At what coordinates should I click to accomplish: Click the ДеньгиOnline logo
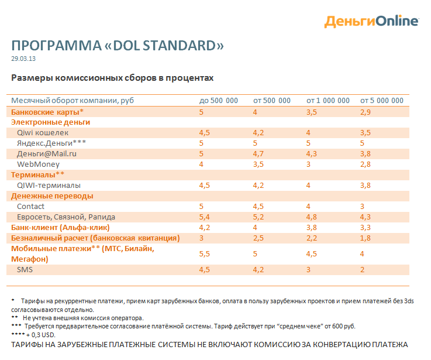point(371,21)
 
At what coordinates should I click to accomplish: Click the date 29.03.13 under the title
point(23,59)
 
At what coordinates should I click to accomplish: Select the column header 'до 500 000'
point(219,101)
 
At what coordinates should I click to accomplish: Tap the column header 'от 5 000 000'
point(382,101)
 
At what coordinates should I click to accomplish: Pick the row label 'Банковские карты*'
point(47,112)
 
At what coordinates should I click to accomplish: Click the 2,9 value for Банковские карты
point(366,112)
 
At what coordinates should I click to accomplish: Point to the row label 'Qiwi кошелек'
point(43,133)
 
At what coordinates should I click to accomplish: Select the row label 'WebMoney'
point(38,164)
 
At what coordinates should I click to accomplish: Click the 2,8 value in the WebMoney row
point(366,164)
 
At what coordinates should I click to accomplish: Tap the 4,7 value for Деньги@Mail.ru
point(258,153)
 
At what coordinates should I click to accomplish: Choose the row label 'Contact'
point(30,207)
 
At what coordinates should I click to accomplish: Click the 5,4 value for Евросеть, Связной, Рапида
point(204,217)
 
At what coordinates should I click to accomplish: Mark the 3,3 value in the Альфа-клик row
point(366,228)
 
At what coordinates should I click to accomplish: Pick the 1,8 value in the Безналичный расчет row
point(366,238)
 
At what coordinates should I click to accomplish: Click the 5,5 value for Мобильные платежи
point(204,254)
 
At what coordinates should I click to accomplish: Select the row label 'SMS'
point(25,270)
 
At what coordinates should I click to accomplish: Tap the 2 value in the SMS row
point(362,270)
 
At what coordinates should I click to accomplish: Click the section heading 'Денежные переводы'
point(52,196)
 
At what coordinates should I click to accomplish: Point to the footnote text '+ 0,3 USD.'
point(41,335)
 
